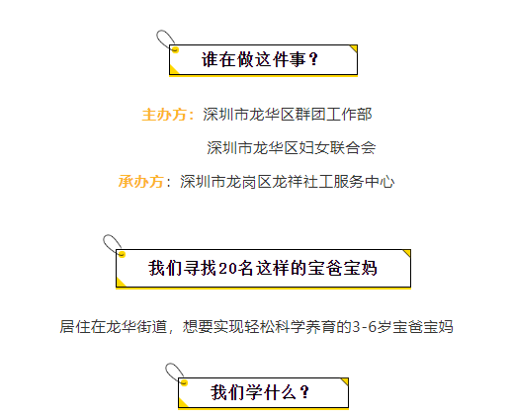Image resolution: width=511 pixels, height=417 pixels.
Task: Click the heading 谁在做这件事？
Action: point(260,59)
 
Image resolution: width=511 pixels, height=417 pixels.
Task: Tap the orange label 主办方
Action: point(164,115)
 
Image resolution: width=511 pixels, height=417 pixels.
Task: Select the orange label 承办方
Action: point(141,182)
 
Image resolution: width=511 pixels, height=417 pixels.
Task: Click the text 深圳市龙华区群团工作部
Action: point(288,115)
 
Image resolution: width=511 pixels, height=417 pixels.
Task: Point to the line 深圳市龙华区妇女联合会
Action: point(292,148)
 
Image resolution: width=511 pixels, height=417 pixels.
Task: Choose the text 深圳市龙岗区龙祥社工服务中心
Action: point(287,182)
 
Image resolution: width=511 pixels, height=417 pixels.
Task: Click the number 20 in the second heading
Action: point(227,269)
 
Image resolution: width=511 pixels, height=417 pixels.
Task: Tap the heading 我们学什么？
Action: point(260,392)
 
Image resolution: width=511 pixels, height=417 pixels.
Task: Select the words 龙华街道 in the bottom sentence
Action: point(136,327)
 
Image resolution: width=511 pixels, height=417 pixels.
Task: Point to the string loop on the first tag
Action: point(164,40)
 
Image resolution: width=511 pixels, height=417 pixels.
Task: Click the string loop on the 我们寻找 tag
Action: point(112,244)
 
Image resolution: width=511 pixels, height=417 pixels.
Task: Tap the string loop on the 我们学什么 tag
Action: point(174,373)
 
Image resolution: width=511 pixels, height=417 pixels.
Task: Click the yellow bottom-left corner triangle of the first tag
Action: point(173,70)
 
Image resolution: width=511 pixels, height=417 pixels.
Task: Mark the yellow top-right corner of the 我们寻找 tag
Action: point(407,253)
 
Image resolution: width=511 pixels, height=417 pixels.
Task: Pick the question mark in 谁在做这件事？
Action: point(313,59)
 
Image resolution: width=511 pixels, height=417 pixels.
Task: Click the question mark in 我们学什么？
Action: point(305,392)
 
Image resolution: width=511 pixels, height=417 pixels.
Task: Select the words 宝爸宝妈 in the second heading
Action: point(343,269)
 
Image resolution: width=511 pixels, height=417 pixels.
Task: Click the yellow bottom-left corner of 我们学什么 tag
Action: point(182,403)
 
